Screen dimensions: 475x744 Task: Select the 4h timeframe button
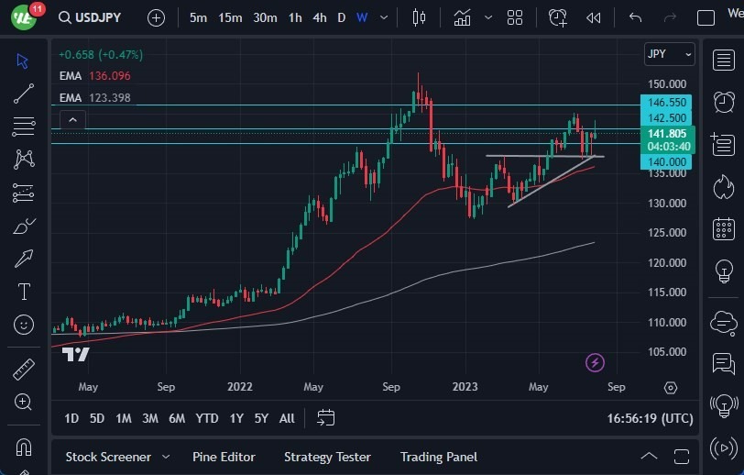pos(319,17)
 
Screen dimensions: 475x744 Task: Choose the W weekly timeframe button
pos(362,17)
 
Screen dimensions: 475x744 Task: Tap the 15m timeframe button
pos(230,17)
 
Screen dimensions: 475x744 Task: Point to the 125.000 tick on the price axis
pos(667,233)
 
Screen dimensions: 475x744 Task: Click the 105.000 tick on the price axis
pos(667,352)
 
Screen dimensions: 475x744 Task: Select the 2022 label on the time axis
pos(240,387)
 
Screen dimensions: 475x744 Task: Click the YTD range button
pos(207,418)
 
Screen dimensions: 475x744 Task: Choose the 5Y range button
pos(261,418)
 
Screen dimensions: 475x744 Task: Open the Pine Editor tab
pos(224,457)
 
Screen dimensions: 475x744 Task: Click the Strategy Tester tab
pos(327,457)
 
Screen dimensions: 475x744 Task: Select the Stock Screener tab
pos(107,457)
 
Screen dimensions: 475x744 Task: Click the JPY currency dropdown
pos(669,54)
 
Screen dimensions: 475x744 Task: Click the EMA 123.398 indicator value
pos(108,97)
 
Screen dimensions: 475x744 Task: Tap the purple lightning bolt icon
pos(595,362)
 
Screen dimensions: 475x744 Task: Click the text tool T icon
pos(24,292)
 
